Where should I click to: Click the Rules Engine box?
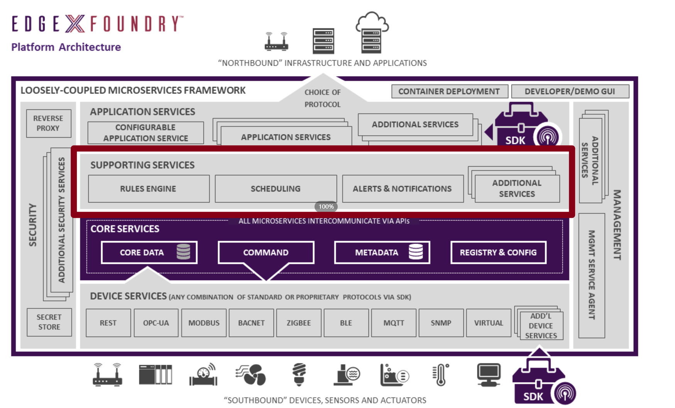click(x=149, y=189)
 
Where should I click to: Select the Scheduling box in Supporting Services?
click(x=276, y=189)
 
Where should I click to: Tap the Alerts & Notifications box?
click(x=403, y=189)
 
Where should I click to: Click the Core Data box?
click(x=149, y=252)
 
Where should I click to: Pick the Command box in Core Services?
click(x=266, y=252)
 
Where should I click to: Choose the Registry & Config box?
click(x=498, y=252)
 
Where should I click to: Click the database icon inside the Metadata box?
click(x=416, y=252)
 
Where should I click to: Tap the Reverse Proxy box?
click(x=49, y=123)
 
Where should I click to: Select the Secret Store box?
click(x=49, y=322)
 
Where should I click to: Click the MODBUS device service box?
click(x=204, y=323)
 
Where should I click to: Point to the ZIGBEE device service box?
click(x=299, y=323)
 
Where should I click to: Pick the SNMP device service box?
click(x=441, y=323)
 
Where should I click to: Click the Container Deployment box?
click(x=449, y=91)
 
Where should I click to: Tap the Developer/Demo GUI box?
click(x=570, y=91)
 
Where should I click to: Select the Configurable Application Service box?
click(x=145, y=133)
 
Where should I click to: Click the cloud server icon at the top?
click(x=372, y=33)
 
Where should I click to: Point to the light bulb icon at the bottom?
click(x=299, y=374)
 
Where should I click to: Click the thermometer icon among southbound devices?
click(x=441, y=374)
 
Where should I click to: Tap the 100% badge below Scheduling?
click(x=326, y=207)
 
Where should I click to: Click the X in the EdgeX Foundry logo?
click(x=75, y=24)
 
